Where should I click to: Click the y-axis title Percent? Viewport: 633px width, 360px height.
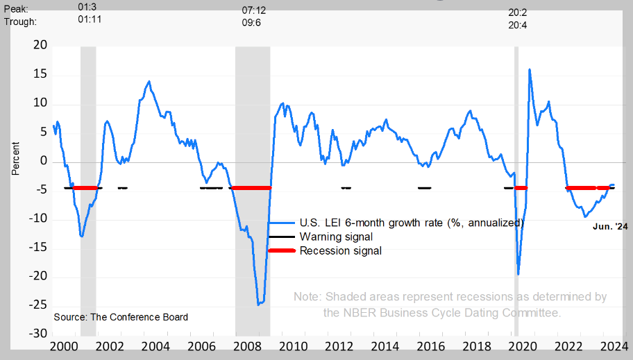15,159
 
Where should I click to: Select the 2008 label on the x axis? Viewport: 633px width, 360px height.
246,346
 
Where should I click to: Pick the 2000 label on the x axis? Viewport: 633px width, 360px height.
62,346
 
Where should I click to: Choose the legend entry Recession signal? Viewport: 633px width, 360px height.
340,250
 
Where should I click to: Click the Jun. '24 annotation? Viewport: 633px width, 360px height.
610,226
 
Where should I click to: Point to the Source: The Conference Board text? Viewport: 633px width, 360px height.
121,317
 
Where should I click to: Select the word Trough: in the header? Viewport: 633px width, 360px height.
21,22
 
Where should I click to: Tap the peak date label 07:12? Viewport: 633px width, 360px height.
253,10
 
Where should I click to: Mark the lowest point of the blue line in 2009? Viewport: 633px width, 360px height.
259,304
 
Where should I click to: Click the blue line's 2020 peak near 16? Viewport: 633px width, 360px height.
530,69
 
